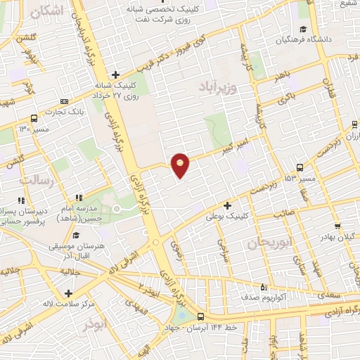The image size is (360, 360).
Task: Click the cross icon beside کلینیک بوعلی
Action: (x=227, y=206)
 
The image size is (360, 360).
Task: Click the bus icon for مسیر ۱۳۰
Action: (x=34, y=118)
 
